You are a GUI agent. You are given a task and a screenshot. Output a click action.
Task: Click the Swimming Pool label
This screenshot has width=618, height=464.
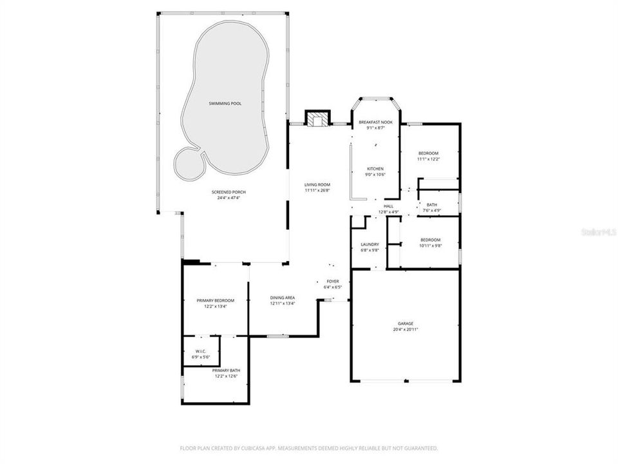225,103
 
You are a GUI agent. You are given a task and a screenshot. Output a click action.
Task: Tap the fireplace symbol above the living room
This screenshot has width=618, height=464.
317,120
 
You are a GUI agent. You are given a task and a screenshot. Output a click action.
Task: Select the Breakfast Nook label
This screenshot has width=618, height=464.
375,122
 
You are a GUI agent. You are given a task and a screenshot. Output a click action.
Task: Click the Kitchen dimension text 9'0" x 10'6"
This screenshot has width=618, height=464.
375,175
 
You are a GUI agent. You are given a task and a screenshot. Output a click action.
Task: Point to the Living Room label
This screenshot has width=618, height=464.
317,185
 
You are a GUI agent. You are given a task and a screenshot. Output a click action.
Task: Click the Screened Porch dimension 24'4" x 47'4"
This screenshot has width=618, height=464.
229,198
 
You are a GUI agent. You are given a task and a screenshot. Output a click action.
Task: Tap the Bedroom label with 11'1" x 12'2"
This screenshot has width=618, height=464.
428,153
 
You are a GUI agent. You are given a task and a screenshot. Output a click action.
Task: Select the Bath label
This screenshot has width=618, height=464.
431,205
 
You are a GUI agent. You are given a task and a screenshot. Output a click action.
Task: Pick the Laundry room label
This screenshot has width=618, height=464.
370,244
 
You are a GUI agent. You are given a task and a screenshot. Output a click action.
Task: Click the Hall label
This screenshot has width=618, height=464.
388,206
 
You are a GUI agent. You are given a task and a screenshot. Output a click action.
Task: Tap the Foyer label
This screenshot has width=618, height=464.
332,282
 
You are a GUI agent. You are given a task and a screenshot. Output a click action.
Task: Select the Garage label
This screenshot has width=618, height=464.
405,324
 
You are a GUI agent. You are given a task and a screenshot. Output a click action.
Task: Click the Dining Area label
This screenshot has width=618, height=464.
281,298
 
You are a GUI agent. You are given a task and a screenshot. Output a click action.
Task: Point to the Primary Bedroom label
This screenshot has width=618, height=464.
215,301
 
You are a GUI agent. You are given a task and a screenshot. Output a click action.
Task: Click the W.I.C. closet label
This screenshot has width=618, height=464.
200,351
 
